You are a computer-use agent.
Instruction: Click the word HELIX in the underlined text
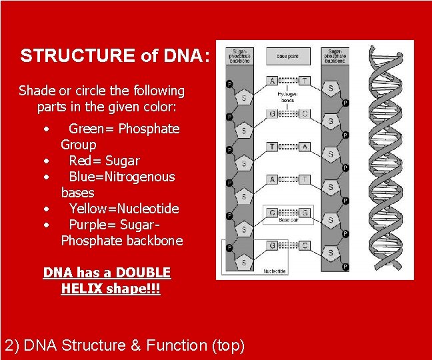(x=81, y=289)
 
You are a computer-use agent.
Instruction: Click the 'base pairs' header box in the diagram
(x=288, y=56)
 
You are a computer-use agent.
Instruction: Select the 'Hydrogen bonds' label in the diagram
(x=288, y=97)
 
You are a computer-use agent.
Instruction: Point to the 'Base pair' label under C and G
(x=288, y=220)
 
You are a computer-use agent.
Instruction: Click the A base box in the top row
(x=273, y=81)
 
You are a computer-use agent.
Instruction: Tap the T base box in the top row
(x=304, y=81)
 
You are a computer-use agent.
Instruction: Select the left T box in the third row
(x=273, y=146)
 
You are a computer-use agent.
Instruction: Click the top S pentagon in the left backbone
(x=244, y=97)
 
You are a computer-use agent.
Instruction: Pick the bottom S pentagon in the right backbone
(x=331, y=253)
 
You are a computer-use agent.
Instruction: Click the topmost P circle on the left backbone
(x=229, y=84)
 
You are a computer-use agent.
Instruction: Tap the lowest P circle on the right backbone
(x=345, y=267)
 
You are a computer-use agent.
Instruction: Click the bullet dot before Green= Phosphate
(x=46, y=129)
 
